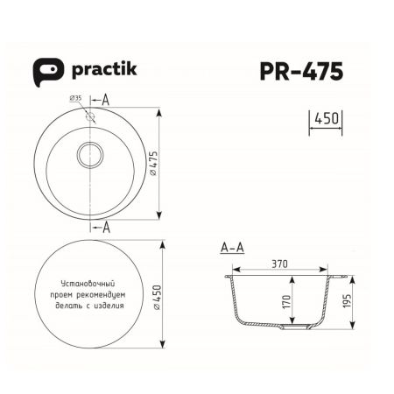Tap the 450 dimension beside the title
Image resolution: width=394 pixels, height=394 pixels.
[325, 118]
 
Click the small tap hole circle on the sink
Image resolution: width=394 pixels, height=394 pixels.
[89, 114]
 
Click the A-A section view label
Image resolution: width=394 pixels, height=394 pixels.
[232, 249]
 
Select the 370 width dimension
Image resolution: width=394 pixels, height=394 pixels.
[279, 261]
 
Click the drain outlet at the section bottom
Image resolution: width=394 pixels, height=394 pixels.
[292, 329]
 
